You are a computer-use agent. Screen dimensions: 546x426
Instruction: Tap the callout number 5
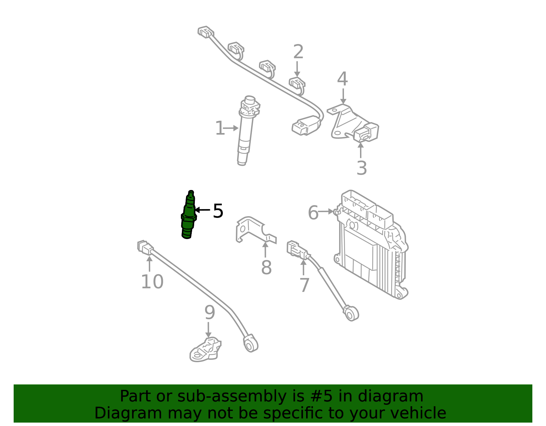[x=218, y=211]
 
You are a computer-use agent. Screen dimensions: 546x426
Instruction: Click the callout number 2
[x=298, y=52]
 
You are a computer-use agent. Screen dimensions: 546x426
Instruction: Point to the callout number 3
[x=362, y=168]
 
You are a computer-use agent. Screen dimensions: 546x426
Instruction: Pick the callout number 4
[x=342, y=78]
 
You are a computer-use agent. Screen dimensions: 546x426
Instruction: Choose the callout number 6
[x=313, y=212]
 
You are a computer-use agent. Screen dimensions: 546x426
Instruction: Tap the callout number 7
[x=304, y=285]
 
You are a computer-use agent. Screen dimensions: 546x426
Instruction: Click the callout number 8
[x=266, y=267]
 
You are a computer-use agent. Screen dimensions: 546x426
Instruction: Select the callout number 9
[x=210, y=312]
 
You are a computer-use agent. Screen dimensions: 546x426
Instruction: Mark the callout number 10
[x=152, y=282]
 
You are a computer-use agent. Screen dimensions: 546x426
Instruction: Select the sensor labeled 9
[x=205, y=350]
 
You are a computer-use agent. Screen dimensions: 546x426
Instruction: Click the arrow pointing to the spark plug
[x=202, y=210]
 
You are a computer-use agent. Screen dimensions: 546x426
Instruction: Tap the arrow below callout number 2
[x=297, y=69]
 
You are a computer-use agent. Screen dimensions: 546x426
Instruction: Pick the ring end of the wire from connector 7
[x=351, y=313]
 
